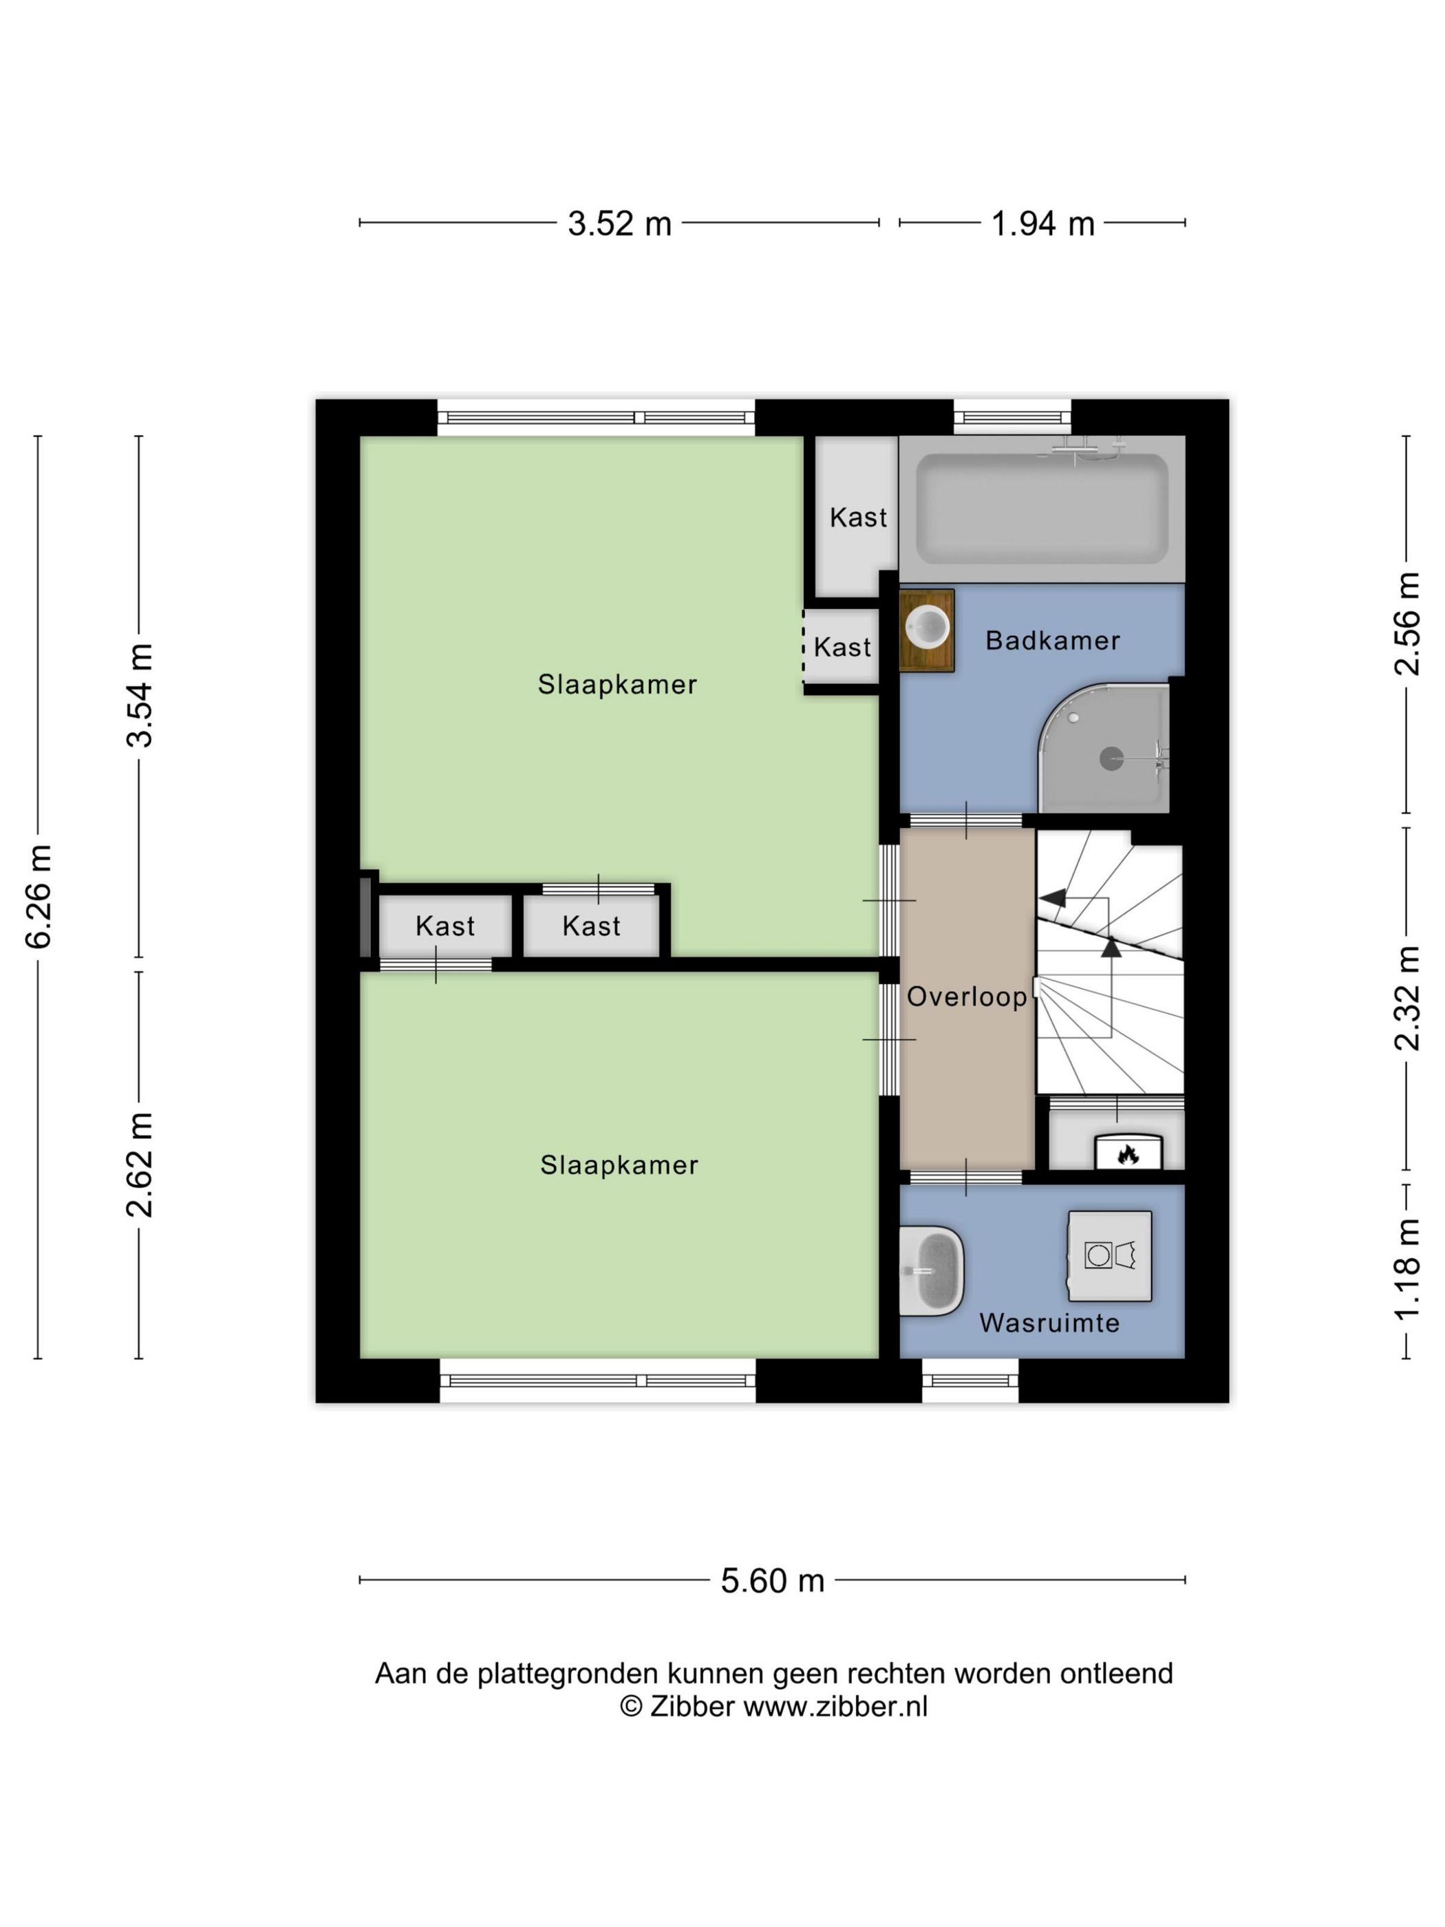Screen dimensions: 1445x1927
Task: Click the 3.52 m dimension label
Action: click(619, 224)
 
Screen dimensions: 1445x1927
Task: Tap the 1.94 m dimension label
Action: click(1042, 224)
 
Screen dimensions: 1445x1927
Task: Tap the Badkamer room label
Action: click(1052, 641)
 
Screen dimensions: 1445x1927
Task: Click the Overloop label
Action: click(967, 997)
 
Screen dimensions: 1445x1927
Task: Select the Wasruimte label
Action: click(1049, 1323)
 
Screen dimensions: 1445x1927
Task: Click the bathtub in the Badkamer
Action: click(1042, 509)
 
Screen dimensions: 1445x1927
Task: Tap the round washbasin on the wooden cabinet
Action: click(928, 626)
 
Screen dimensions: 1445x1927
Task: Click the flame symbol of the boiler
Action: click(1128, 1155)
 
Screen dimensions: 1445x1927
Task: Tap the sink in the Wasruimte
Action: click(931, 1270)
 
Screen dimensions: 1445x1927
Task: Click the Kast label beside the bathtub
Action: click(858, 518)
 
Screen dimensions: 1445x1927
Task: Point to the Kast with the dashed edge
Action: click(842, 648)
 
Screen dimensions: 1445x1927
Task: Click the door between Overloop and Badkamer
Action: click(966, 820)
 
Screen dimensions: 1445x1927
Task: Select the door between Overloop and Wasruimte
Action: click(966, 1178)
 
